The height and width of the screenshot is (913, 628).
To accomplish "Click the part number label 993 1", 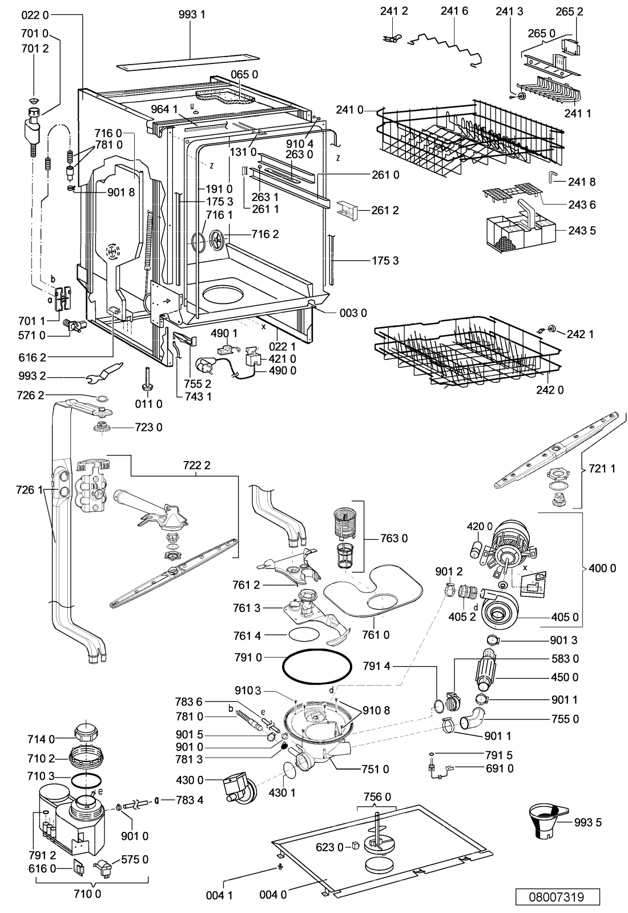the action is click(x=192, y=15).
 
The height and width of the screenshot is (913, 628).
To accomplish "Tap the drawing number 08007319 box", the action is click(x=557, y=896).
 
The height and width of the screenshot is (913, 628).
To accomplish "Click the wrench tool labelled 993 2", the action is click(x=104, y=373).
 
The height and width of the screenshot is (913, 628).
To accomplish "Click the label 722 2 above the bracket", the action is click(x=196, y=465).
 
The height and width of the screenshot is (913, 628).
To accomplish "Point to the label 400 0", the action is click(x=602, y=568).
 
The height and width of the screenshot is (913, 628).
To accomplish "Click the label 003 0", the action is click(x=353, y=313).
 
